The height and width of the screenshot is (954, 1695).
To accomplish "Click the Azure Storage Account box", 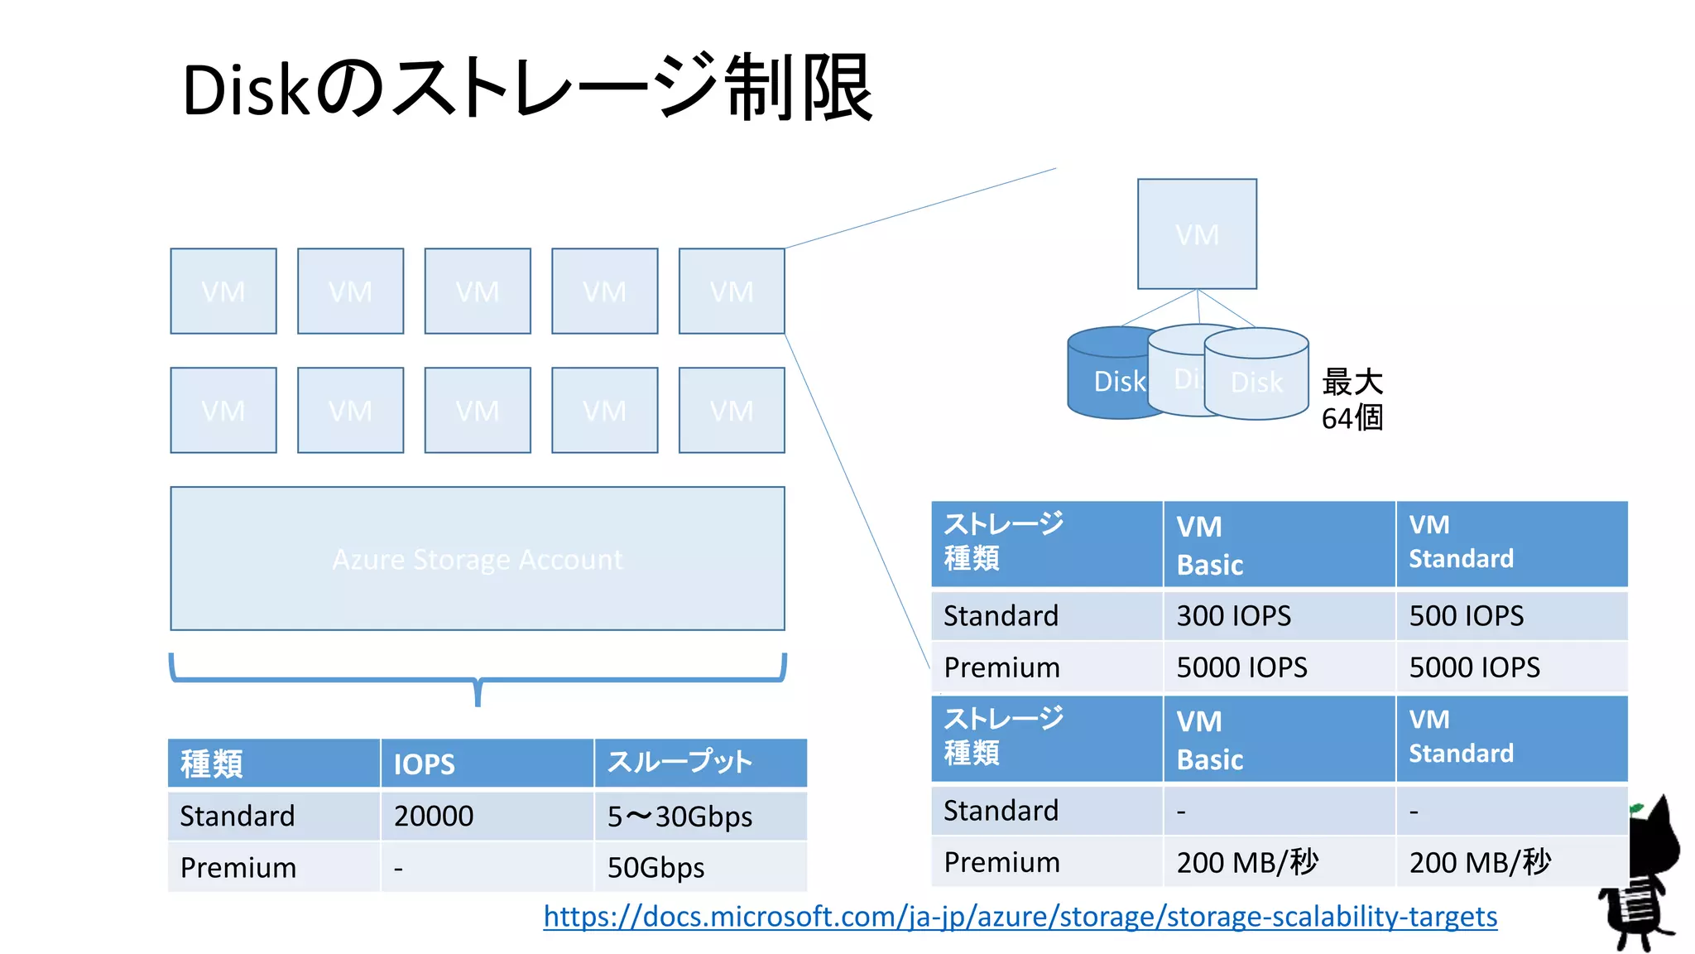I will pyautogui.click(x=478, y=559).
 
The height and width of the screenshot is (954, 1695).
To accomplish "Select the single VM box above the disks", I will pyautogui.click(x=1197, y=234).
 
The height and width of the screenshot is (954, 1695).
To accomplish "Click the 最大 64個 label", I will pyautogui.click(x=1352, y=400).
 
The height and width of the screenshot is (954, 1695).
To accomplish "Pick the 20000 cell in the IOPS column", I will pyautogui.click(x=434, y=817).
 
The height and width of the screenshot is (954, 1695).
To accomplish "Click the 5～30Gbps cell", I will pyautogui.click(x=679, y=817).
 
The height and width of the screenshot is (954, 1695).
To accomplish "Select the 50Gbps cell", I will pyautogui.click(x=656, y=868).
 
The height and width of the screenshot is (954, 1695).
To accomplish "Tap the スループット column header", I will pyautogui.click(x=679, y=763).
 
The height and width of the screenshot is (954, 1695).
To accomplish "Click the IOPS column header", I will pyautogui.click(x=424, y=764).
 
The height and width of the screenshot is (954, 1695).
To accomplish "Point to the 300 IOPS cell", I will pyautogui.click(x=1233, y=616).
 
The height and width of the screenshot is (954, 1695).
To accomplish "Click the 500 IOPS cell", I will pyautogui.click(x=1466, y=616).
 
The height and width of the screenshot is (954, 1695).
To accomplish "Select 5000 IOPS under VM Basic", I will pyautogui.click(x=1241, y=667).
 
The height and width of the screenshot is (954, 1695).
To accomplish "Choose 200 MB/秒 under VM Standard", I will pyautogui.click(x=1480, y=863).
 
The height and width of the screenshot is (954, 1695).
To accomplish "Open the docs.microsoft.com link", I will pyautogui.click(x=1020, y=917).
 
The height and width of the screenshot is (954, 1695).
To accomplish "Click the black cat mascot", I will pyautogui.click(x=1643, y=878).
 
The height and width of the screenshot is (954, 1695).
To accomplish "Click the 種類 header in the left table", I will pyautogui.click(x=212, y=764).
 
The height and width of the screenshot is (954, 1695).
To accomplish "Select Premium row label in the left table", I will pyautogui.click(x=238, y=868).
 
